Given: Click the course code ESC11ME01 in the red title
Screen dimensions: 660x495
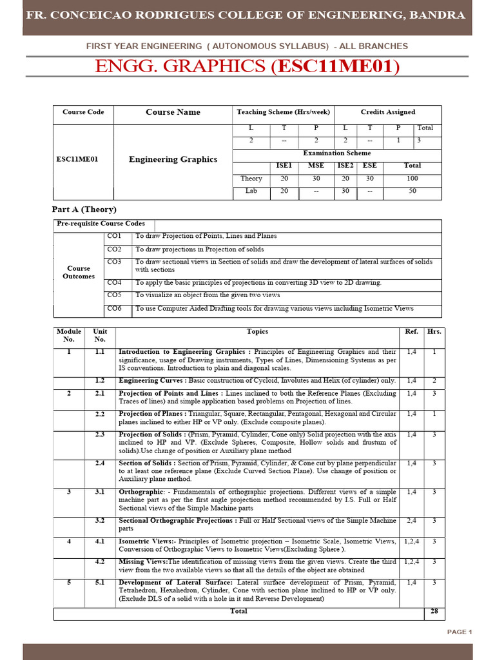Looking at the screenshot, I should pos(335,66).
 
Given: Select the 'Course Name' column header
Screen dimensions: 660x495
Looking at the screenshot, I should pos(173,112).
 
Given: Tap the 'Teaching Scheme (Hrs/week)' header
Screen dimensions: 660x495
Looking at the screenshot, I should pos(283,112).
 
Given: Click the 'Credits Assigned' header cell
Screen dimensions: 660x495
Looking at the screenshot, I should pos(387,112).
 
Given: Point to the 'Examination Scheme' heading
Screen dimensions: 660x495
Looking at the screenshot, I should pos(336,153).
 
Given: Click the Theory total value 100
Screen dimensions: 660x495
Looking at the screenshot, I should pos(412,179).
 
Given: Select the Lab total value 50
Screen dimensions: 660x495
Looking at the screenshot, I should pos(412,191).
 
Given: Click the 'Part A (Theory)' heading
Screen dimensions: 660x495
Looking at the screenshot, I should pos(84,209).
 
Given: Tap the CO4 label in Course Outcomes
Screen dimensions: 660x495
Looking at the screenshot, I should pos(114,282).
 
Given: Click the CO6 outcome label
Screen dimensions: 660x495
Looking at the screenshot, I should pos(114,309).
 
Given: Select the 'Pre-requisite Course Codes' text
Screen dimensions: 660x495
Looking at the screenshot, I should pos(99,224).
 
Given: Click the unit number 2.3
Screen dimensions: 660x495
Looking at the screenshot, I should pos(100,435).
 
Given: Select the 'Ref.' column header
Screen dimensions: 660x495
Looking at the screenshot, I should pos(411,332).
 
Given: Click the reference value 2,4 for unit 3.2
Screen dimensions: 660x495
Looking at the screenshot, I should pos(411,521).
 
